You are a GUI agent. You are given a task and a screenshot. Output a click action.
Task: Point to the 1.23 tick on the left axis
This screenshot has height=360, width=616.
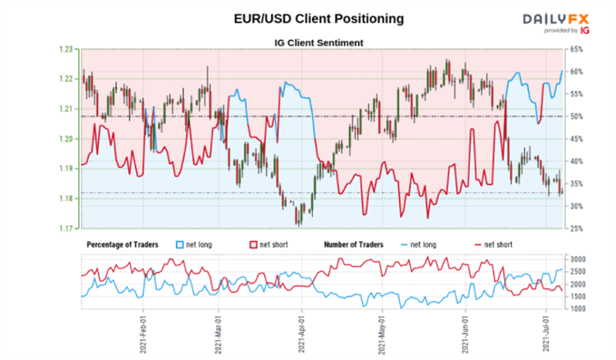(x=68, y=49)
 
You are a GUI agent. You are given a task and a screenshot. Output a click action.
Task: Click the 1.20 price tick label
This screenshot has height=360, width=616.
(x=68, y=139)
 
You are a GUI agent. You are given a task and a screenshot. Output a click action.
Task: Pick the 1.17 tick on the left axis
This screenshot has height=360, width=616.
(x=68, y=228)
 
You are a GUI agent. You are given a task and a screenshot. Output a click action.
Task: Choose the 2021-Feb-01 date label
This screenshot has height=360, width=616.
(x=142, y=336)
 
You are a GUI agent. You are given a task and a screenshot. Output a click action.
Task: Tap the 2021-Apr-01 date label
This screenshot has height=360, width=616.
(x=300, y=336)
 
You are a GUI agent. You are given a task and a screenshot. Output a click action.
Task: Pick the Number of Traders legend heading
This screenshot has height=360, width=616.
(x=361, y=245)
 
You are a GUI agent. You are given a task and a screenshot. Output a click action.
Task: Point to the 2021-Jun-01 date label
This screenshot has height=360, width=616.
(x=465, y=336)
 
